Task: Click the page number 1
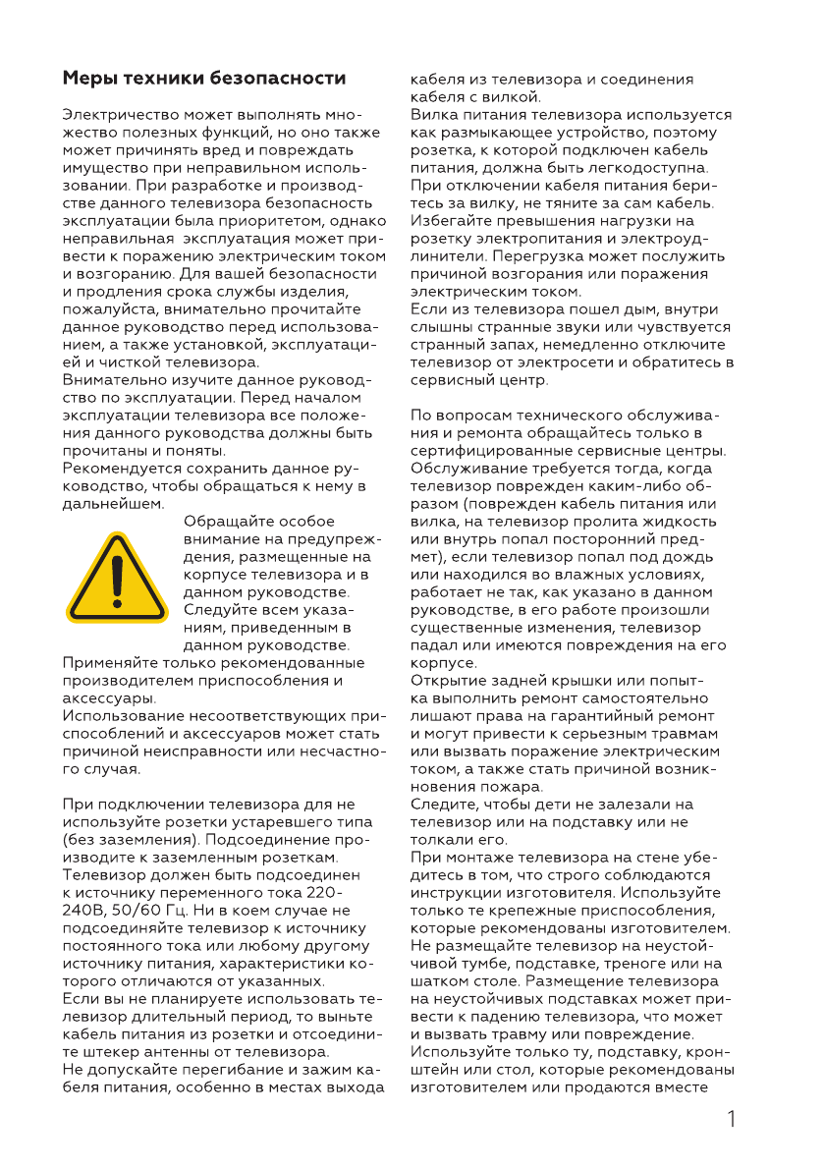click(733, 1119)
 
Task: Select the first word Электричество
click(125, 114)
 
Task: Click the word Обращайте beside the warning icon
click(225, 522)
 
